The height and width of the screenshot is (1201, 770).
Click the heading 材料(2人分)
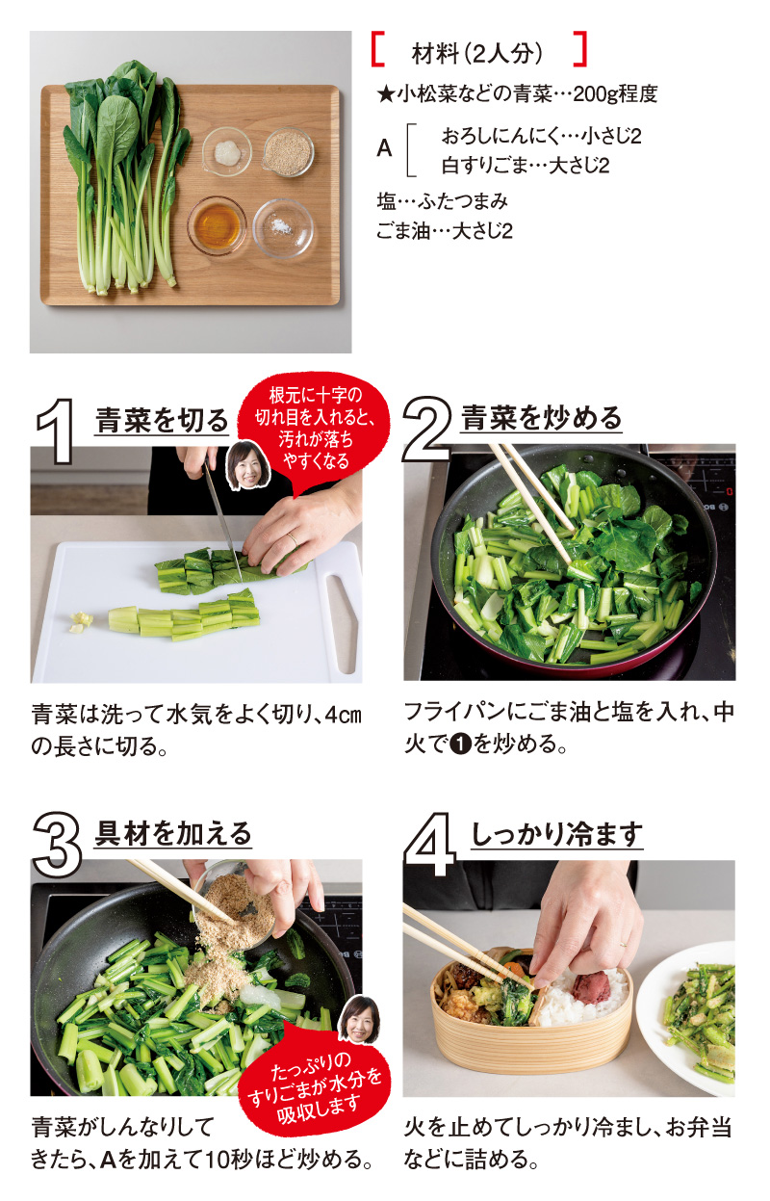click(x=477, y=54)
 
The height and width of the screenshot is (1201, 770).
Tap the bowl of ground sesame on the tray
click(x=288, y=152)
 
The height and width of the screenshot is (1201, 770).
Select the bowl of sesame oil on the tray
click(x=217, y=225)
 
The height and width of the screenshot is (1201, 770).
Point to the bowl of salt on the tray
click(x=282, y=228)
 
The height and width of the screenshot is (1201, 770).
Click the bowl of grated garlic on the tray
click(x=226, y=151)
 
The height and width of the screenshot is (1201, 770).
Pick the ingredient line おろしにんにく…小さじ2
click(x=541, y=136)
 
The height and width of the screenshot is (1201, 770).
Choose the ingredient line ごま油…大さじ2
click(x=445, y=231)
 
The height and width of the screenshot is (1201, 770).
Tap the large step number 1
click(x=56, y=431)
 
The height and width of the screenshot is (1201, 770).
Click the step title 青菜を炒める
click(x=541, y=418)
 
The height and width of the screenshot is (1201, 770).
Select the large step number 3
click(x=58, y=844)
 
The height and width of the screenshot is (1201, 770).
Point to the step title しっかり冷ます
click(x=556, y=834)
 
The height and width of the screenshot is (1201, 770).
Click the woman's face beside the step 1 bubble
click(x=248, y=466)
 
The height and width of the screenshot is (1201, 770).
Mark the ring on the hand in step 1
click(x=292, y=538)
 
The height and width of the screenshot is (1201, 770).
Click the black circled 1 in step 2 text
click(x=459, y=744)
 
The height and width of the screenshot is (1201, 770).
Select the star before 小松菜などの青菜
click(x=386, y=95)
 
